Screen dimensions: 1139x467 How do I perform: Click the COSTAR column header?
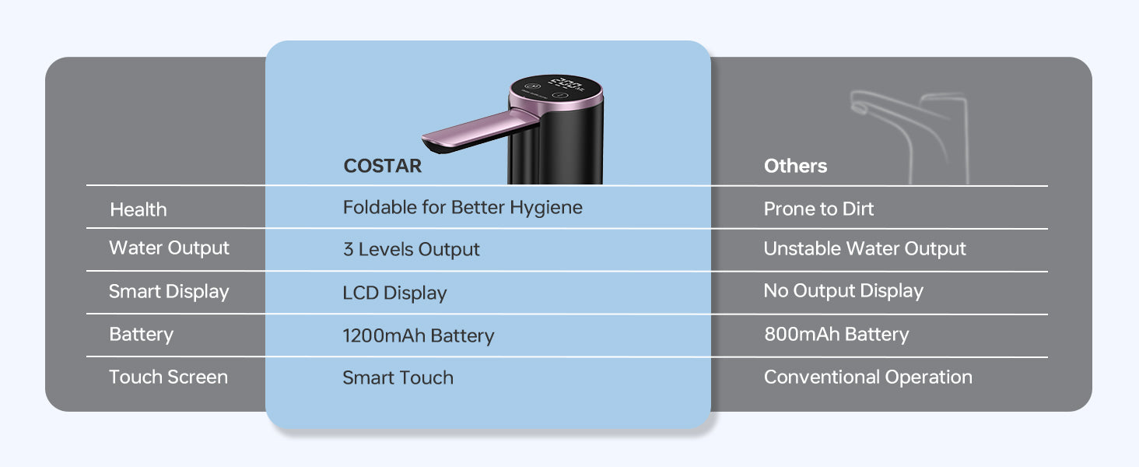pos(382,166)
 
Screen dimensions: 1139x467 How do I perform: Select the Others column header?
pos(795,166)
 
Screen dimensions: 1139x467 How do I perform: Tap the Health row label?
pos(138,209)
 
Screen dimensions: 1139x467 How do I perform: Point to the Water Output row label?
pos(169,248)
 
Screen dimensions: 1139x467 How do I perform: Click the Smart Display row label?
pos(169,292)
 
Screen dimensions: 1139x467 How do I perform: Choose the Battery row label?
pos(141,335)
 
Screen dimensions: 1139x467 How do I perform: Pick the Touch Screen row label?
pos(168,377)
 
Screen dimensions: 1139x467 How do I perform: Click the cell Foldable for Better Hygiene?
pos(463,208)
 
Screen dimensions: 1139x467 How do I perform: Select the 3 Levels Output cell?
pos(411,249)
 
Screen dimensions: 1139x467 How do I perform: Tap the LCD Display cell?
pos(394,293)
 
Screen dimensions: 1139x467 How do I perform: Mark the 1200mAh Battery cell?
pos(418,335)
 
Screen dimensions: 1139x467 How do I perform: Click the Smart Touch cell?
pos(398,377)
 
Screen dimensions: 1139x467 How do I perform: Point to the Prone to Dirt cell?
pos(818,209)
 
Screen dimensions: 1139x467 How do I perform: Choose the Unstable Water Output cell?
pos(864,249)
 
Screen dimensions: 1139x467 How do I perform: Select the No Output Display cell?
pos(843,291)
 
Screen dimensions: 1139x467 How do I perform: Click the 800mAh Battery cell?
pos(836,334)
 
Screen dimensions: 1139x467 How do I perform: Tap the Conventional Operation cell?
pos(868,377)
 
